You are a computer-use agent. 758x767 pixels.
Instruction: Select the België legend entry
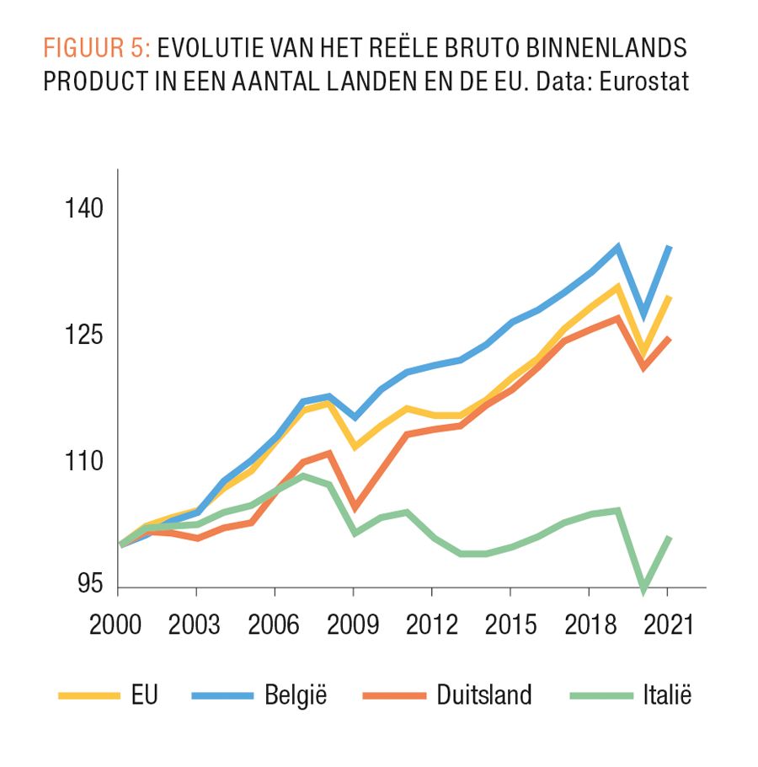point(296,695)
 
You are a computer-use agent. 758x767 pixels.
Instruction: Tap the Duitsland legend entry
point(484,695)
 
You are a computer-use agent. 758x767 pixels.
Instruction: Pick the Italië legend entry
point(665,695)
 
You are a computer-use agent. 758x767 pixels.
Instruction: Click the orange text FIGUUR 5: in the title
point(97,47)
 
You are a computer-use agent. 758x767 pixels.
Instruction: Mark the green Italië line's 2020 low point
point(643,587)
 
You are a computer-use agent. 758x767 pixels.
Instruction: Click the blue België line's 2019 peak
point(618,247)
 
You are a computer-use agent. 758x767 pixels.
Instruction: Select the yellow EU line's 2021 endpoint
point(667,297)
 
